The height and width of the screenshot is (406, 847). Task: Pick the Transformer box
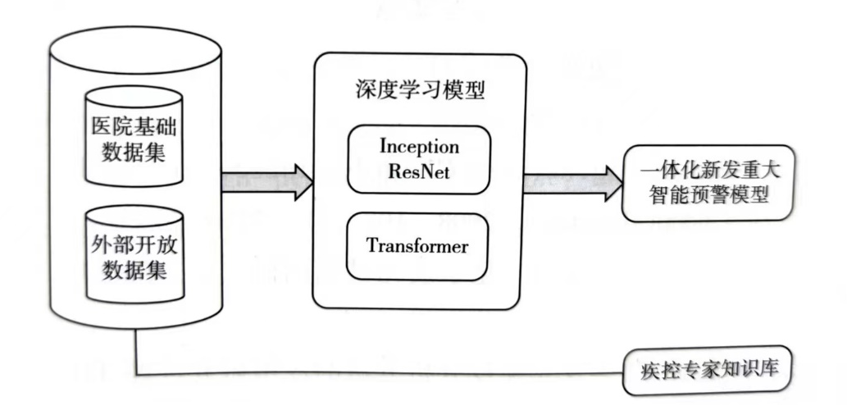coord(418,245)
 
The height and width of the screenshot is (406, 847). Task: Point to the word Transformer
coord(418,245)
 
